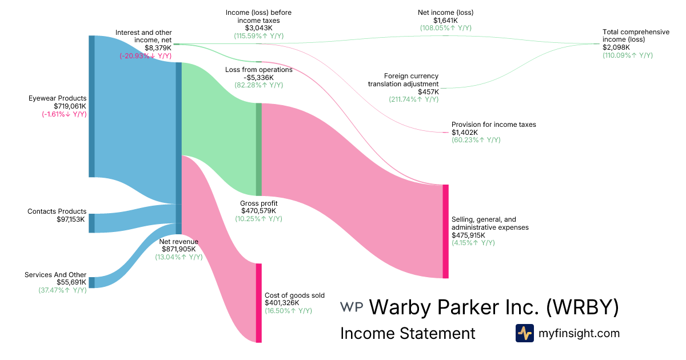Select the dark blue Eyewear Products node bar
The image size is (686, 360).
pyautogui.click(x=91, y=106)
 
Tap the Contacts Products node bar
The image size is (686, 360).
pyautogui.click(x=91, y=223)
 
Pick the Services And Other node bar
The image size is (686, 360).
pyautogui.click(x=91, y=282)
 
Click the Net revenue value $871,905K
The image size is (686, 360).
pyautogui.click(x=178, y=249)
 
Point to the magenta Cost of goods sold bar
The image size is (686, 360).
pyautogui.click(x=258, y=303)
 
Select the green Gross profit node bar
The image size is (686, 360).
pyautogui.click(x=258, y=149)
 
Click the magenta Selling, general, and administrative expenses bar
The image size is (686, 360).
pyautogui.click(x=445, y=231)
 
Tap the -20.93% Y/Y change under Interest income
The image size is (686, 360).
pyautogui.click(x=145, y=56)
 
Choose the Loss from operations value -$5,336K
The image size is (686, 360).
pyautogui.click(x=258, y=78)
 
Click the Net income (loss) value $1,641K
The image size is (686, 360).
pyautogui.click(x=446, y=20)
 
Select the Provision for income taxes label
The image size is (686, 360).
pyautogui.click(x=494, y=125)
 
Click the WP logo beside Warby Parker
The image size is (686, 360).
pyautogui.click(x=352, y=307)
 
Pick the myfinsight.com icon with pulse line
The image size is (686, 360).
pyautogui.click(x=524, y=333)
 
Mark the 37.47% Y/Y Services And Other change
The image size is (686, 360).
pyautogui.click(x=59, y=290)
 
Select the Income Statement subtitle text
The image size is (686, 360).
pyautogui.click(x=408, y=333)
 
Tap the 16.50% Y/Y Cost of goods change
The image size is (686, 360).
pyautogui.click(x=288, y=310)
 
